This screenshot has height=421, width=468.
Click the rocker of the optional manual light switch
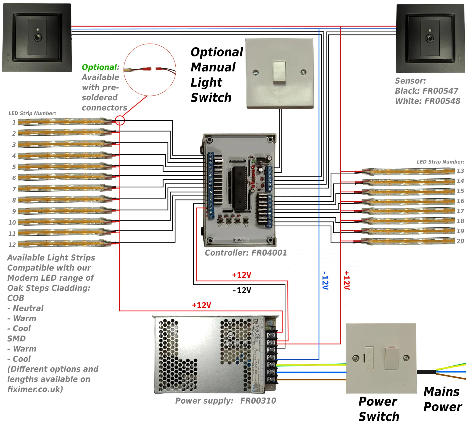(x=279, y=72)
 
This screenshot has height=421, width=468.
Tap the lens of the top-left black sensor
(x=37, y=38)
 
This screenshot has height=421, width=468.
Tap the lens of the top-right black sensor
(x=430, y=38)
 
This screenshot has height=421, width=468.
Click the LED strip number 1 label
(x=14, y=122)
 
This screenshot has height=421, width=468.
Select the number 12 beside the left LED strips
(x=12, y=245)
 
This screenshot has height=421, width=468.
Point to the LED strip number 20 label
(x=460, y=241)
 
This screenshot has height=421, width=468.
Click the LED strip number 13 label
(x=460, y=171)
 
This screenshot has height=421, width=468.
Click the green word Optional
(x=99, y=67)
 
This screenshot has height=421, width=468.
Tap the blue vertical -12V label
(x=325, y=280)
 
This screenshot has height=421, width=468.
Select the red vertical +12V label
(x=346, y=280)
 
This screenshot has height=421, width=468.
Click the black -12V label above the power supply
(x=242, y=290)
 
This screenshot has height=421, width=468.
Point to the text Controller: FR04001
(x=246, y=253)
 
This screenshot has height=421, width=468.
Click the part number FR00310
(x=258, y=401)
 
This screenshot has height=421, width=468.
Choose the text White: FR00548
(x=427, y=101)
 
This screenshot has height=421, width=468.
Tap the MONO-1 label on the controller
(x=241, y=240)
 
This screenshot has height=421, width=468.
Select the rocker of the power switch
(x=391, y=358)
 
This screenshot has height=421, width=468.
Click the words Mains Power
(x=442, y=399)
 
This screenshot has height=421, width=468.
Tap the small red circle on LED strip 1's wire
(x=120, y=121)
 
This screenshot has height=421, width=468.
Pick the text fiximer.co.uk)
(x=35, y=389)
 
